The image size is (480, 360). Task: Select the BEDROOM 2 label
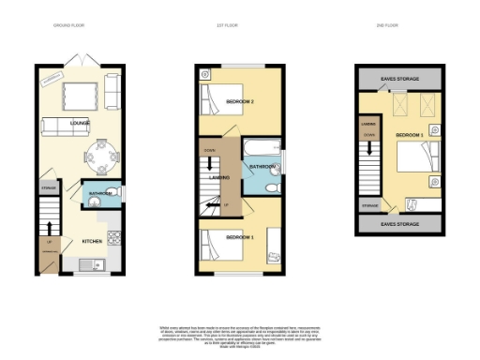click(x=242, y=101)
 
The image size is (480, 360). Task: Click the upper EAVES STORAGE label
click(x=400, y=78)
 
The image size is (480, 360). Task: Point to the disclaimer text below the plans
click(x=241, y=334)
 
